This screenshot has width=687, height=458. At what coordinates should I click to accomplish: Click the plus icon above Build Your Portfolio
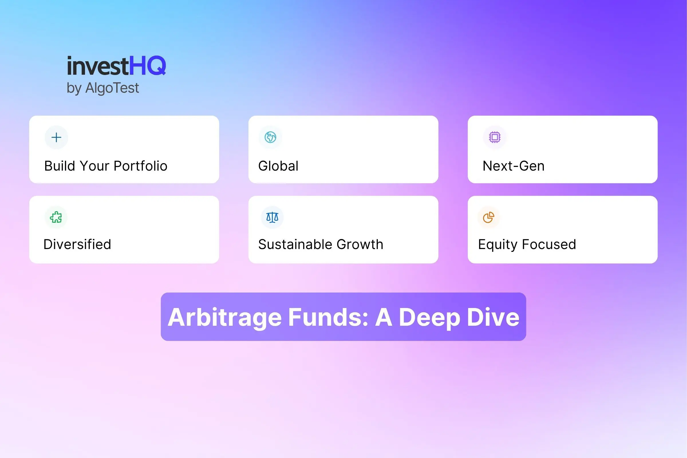click(56, 137)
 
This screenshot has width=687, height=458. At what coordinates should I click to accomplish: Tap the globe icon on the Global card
click(271, 137)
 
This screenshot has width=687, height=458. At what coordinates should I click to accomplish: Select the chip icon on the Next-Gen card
click(495, 137)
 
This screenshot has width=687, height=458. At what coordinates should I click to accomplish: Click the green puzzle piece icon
click(56, 217)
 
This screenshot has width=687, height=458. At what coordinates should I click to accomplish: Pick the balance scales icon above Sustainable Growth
click(272, 217)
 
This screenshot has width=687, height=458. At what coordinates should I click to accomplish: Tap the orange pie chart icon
click(488, 217)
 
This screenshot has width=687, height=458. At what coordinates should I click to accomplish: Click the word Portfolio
click(141, 166)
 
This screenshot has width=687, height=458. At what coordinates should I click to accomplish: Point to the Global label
click(278, 166)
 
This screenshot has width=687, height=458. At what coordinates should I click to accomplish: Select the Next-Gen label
click(514, 166)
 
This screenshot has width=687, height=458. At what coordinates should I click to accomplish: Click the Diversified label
click(77, 244)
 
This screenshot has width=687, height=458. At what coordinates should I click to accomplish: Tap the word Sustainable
click(295, 244)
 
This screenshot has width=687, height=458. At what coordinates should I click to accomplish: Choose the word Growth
click(360, 244)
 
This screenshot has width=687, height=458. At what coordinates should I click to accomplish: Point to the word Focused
click(549, 244)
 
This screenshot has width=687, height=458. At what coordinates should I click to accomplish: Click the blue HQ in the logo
click(147, 66)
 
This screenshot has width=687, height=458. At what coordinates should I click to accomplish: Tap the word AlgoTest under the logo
click(112, 88)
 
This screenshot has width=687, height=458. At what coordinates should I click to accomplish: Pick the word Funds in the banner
click(328, 317)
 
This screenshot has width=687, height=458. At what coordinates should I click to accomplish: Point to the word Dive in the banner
click(493, 317)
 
